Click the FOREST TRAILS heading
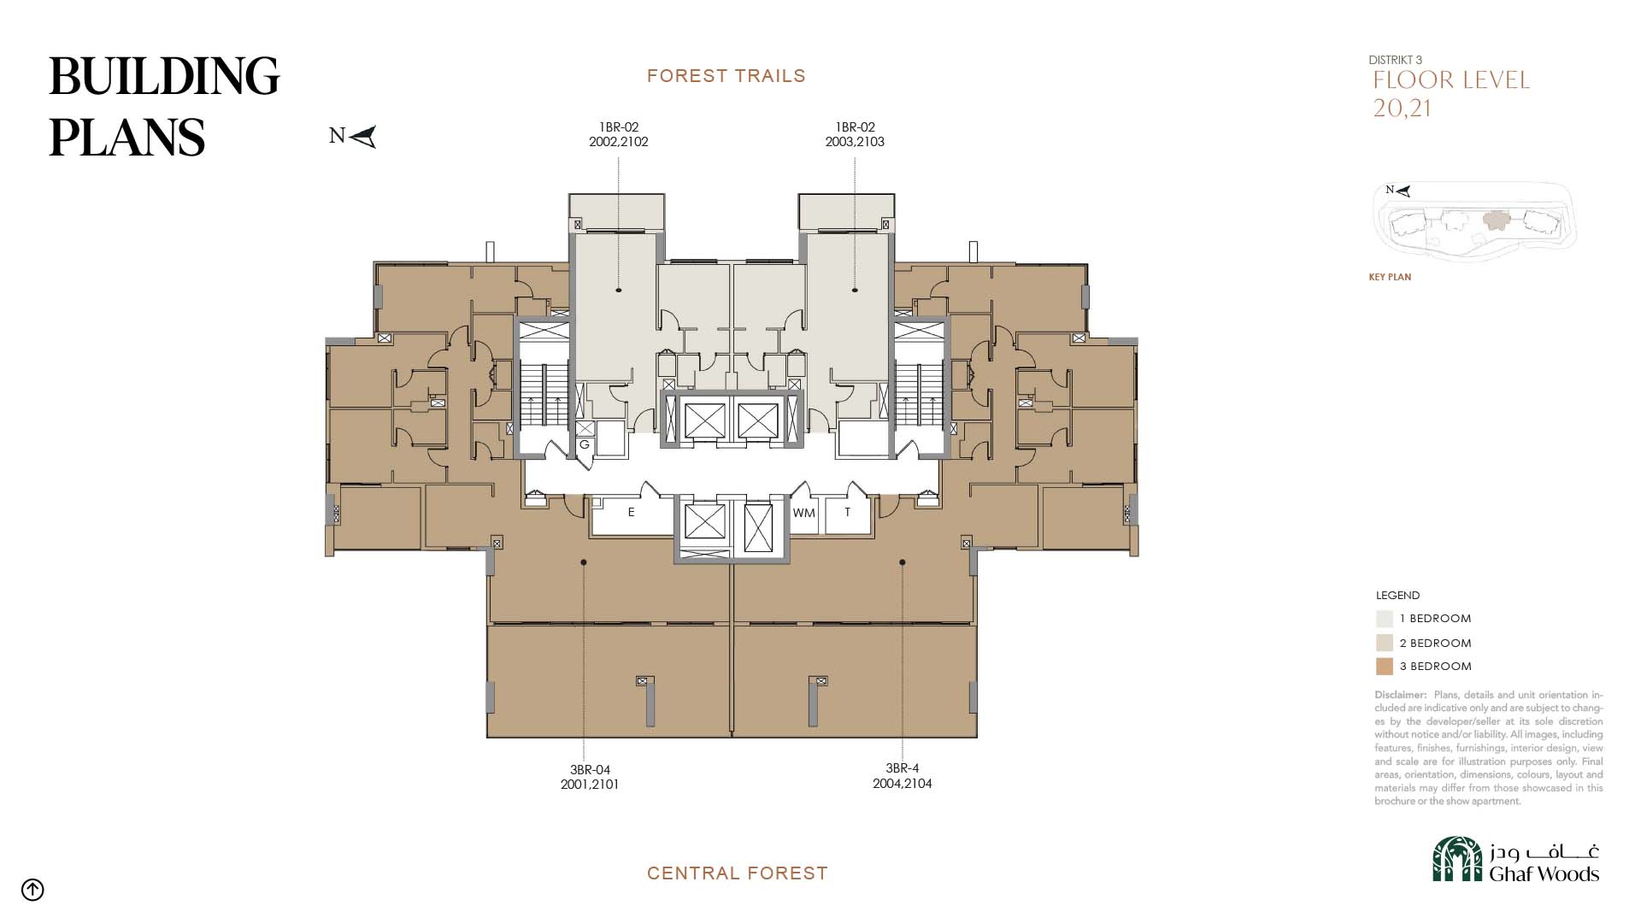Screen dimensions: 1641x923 (x=726, y=76)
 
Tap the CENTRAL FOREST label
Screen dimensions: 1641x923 (x=738, y=873)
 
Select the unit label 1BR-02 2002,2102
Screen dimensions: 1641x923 (x=619, y=135)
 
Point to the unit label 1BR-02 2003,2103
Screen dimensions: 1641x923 (x=855, y=135)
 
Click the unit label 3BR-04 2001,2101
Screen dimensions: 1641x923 (x=590, y=777)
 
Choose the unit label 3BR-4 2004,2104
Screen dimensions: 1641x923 (x=903, y=776)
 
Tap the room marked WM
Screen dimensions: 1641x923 (x=803, y=514)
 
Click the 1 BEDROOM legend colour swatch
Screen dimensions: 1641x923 (x=1385, y=619)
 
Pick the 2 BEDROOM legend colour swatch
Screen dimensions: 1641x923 (x=1385, y=643)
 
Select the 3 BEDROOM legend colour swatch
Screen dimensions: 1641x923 (x=1385, y=667)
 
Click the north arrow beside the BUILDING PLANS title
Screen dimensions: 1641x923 (x=363, y=137)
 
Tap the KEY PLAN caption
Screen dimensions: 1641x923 (x=1390, y=277)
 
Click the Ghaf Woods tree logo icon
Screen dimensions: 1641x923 (x=1457, y=859)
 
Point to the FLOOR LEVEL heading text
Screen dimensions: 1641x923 (x=1451, y=80)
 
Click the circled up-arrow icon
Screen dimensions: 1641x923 (x=32, y=890)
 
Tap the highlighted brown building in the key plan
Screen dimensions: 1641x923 (x=1497, y=221)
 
